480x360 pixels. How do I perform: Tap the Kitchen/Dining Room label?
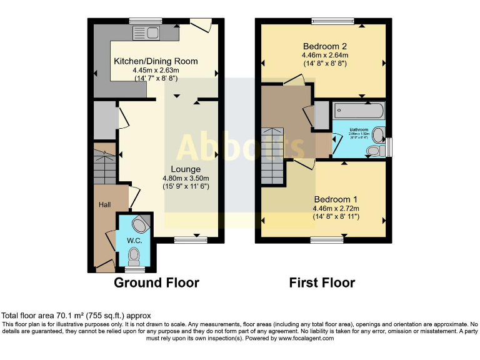tap(156, 61)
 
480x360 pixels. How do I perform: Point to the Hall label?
tap(104, 204)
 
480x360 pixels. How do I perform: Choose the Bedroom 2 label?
tap(324, 46)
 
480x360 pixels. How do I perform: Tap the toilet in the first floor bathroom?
tap(375, 151)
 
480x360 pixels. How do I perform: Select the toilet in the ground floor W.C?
tap(133, 255)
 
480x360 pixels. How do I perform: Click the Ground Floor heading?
tap(156, 283)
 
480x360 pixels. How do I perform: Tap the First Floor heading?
tap(322, 283)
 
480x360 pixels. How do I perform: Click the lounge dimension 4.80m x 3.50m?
tap(186, 177)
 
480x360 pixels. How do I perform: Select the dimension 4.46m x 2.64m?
tap(324, 55)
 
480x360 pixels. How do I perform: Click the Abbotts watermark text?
tap(241, 147)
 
